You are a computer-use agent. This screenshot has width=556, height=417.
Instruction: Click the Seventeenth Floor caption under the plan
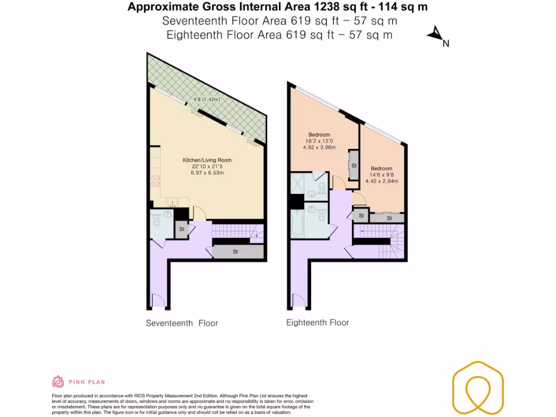[182, 323]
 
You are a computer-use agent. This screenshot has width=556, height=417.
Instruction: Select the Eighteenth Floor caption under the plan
[318, 323]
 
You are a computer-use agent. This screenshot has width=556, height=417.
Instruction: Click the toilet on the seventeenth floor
[156, 220]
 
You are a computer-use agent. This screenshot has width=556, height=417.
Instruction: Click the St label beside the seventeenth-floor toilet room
[181, 230]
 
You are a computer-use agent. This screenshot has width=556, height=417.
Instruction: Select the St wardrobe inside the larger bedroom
[353, 165]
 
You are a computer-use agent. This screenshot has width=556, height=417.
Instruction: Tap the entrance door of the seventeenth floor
[157, 300]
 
